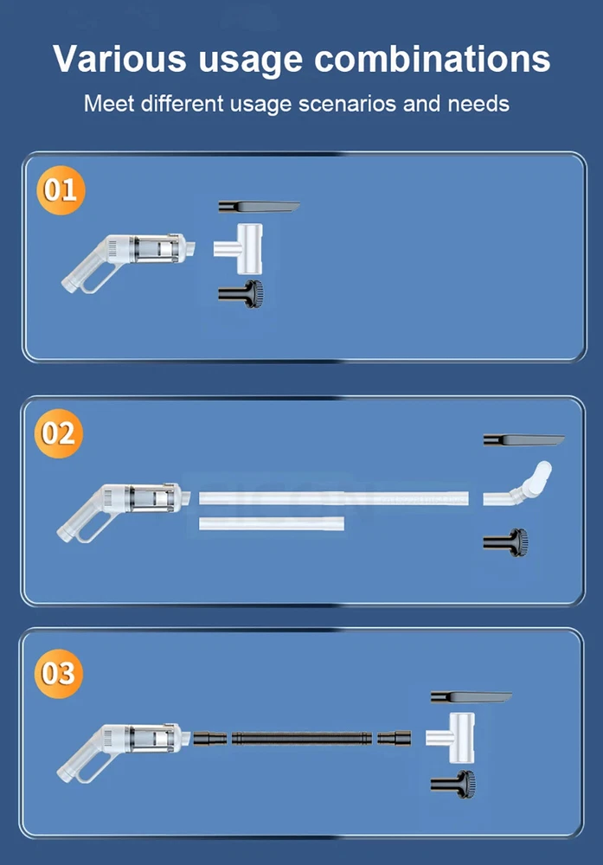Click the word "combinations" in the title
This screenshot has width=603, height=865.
click(433, 59)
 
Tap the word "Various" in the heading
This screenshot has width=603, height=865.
click(119, 59)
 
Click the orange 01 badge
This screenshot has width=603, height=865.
click(61, 189)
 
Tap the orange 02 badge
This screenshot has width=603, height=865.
click(59, 433)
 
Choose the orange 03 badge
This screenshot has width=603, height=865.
click(59, 674)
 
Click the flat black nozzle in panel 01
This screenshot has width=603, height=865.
click(259, 207)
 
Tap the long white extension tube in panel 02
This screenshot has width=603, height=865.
click(334, 499)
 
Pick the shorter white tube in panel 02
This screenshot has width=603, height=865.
click(272, 523)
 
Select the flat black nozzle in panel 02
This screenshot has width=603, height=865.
click(524, 440)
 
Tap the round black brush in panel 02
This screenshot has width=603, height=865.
click(505, 542)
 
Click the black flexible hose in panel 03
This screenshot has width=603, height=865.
click(302, 738)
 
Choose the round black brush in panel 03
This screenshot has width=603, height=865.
click(453, 785)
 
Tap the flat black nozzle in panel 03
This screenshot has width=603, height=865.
click(471, 697)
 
